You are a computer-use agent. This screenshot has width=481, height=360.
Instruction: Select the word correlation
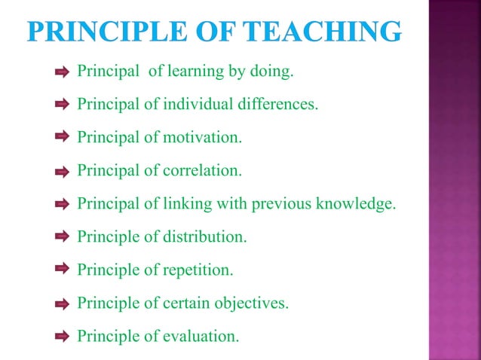203,171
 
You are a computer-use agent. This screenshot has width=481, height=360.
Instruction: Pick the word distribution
205,237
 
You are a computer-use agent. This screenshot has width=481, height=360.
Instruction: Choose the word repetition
198,270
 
